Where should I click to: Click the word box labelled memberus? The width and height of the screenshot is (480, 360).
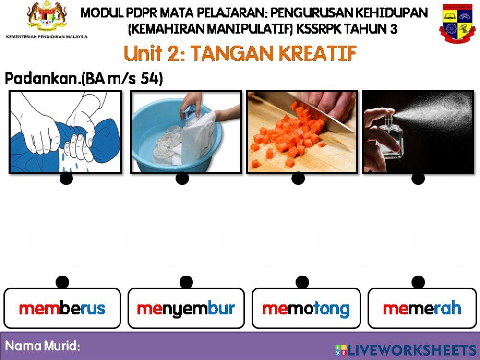62,308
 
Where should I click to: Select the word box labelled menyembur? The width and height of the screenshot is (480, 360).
186,308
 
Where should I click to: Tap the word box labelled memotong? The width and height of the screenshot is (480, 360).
306,308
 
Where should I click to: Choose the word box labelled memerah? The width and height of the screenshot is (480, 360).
422,308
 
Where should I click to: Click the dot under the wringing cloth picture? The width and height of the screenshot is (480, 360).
66,179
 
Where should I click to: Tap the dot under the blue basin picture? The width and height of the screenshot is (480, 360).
182,179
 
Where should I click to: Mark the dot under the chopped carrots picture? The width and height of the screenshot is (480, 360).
298,179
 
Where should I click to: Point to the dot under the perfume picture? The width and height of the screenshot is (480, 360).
418,179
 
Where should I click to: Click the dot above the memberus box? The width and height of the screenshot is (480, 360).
62,282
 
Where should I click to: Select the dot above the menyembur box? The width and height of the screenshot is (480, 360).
186,282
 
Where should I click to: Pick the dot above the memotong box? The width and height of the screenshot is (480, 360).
302,282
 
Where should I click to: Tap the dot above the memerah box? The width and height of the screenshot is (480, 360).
418,282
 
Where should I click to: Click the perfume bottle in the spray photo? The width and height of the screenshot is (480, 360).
384,144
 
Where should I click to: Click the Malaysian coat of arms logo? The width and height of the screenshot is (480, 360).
47,17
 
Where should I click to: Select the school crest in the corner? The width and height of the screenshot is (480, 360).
456,23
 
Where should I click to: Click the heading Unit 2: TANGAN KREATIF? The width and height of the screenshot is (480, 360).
240,54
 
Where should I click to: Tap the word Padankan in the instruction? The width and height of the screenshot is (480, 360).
41,79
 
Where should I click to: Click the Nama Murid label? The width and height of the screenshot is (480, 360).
42,346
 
